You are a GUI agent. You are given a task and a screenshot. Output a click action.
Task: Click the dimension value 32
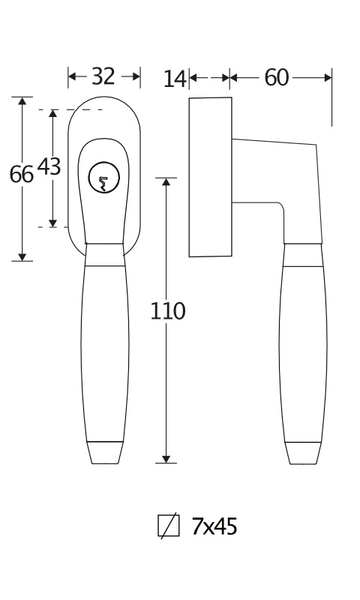103,76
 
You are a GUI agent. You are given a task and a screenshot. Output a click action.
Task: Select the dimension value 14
175,79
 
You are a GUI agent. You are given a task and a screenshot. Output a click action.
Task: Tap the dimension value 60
276,78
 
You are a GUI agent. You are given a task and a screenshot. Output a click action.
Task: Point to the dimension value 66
22,174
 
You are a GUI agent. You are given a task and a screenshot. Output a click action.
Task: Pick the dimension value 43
49,166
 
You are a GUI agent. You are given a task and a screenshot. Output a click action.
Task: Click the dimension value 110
167,310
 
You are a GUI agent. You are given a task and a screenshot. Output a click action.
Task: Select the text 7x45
214,526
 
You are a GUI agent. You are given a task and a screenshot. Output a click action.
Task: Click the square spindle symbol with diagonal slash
169,526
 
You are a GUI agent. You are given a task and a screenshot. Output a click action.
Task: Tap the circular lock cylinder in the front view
103,178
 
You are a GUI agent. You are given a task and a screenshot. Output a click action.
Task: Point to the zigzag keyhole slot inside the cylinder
103,183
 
